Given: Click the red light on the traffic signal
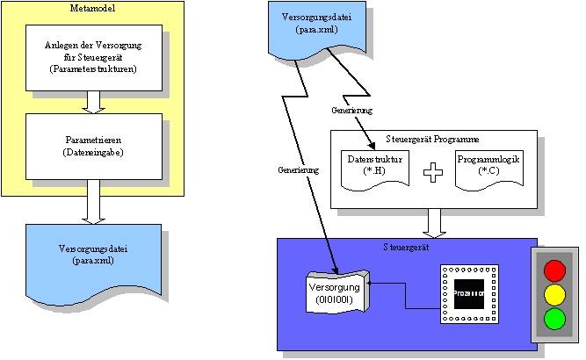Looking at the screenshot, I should coord(553,270).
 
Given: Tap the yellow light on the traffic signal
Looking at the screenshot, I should coord(553,293).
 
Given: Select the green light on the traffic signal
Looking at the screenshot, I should coord(553,318).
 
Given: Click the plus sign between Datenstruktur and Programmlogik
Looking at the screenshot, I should coord(430,172).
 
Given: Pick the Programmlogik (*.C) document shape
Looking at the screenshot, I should coord(487,167).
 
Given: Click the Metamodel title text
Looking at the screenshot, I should coord(92,8).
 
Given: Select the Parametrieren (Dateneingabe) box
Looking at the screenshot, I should coord(95,145).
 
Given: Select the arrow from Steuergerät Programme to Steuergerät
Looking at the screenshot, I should coord(432,222).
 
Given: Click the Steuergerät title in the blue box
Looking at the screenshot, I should coord(406,248).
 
